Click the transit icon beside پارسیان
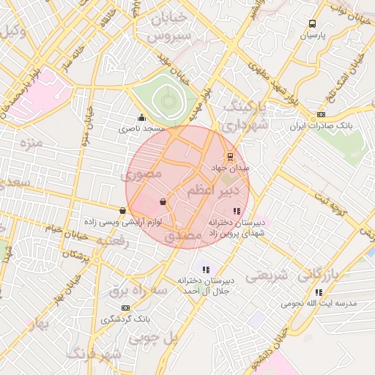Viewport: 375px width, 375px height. [313, 24]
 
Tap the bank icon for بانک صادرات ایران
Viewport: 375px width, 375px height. [321, 115]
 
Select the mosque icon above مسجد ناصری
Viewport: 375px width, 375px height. [141, 117]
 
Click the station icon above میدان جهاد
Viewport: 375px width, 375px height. [230, 156]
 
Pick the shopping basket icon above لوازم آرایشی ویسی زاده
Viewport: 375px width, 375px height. [122, 211]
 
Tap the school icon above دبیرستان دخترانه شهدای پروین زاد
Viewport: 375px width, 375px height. [236, 211]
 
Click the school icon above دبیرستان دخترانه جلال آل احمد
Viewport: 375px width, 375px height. [206, 270]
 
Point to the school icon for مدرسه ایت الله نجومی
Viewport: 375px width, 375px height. [319, 292]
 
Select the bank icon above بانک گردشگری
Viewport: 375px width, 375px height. [126, 308]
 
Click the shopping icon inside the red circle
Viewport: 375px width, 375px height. [163, 201]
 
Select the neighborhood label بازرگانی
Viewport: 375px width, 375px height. [332, 274]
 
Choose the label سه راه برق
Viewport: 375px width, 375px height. [138, 291]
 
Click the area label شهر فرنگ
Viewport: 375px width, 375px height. [93, 354]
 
